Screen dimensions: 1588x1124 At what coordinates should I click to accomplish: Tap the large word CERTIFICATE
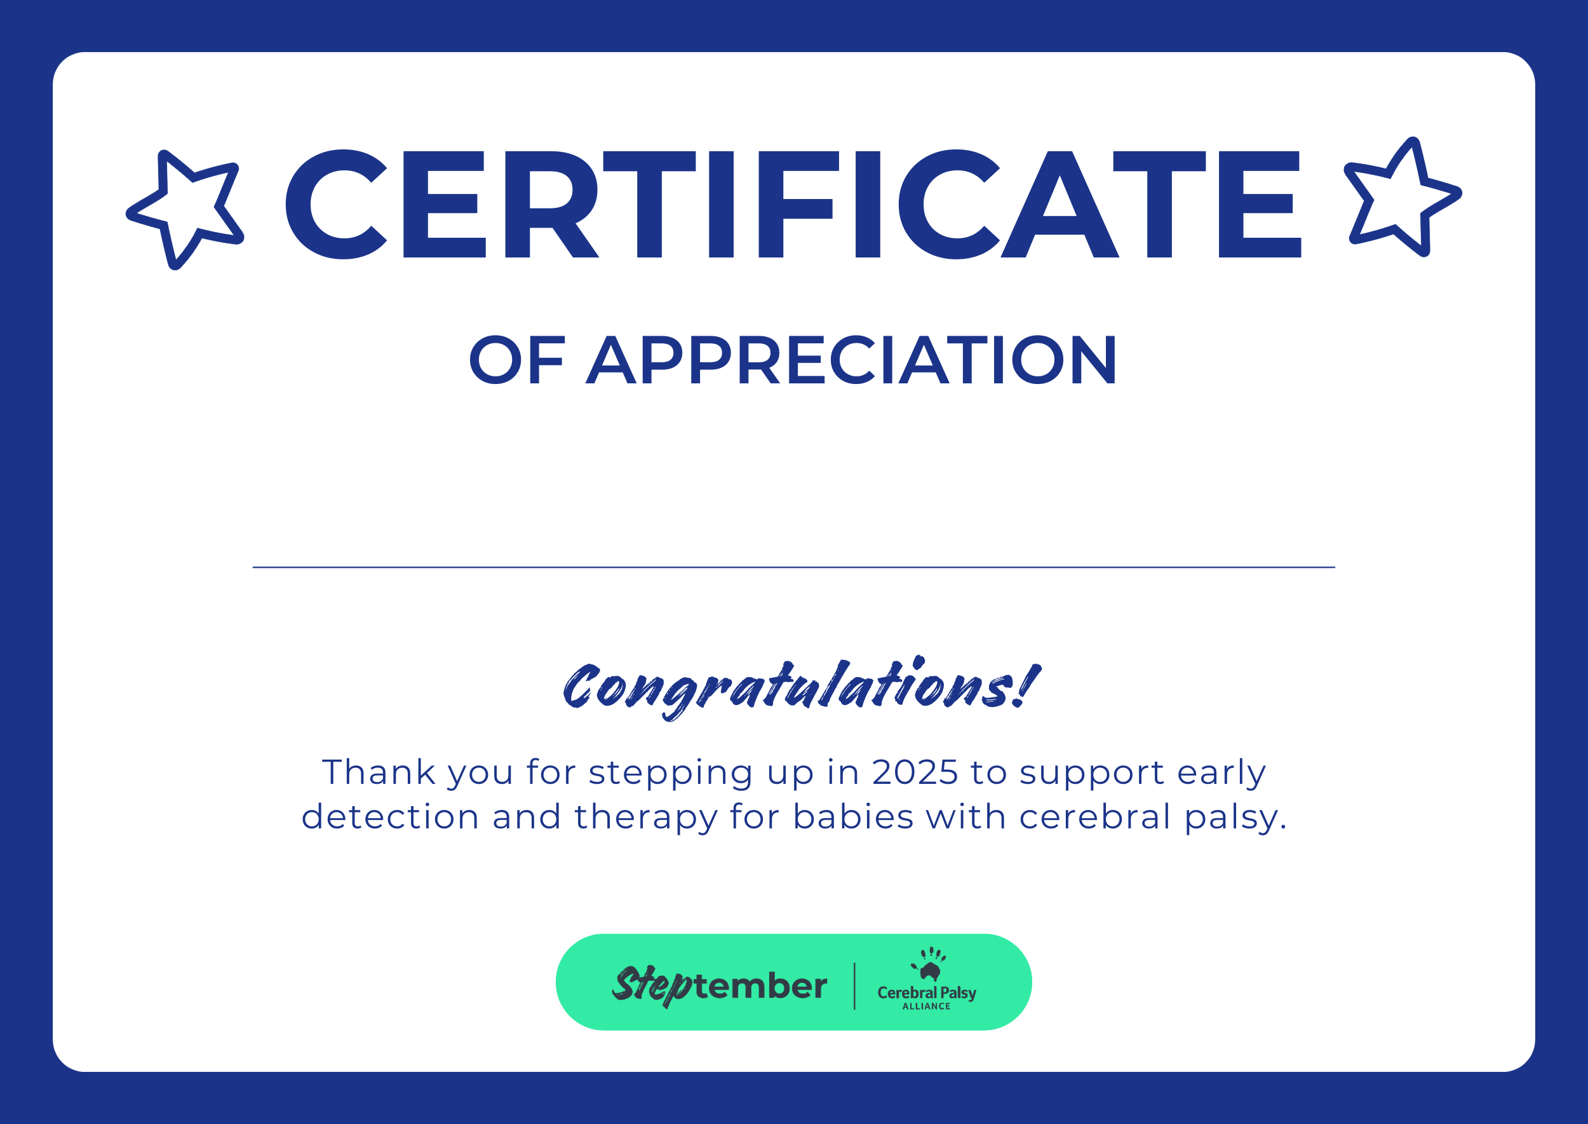click(x=793, y=204)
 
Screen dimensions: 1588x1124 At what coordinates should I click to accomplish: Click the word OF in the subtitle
click(x=516, y=360)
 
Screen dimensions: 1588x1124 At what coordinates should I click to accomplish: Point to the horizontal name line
click(x=793, y=568)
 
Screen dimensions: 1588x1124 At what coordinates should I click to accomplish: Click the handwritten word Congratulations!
click(x=801, y=688)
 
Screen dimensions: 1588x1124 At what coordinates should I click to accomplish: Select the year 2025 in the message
click(x=915, y=772)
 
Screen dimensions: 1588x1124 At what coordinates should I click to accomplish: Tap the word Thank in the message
click(x=379, y=772)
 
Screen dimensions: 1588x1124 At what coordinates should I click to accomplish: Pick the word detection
click(x=390, y=817)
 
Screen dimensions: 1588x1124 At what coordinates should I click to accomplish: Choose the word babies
click(x=853, y=817)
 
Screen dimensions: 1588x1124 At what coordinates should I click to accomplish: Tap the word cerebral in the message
click(x=1095, y=817)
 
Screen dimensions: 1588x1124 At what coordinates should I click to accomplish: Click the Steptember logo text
click(x=719, y=985)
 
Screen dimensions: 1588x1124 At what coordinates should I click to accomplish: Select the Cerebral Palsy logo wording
click(x=927, y=993)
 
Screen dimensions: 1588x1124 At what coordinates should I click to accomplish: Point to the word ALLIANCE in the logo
click(x=926, y=1007)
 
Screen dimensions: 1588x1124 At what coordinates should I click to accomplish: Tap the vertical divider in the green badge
click(x=855, y=986)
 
